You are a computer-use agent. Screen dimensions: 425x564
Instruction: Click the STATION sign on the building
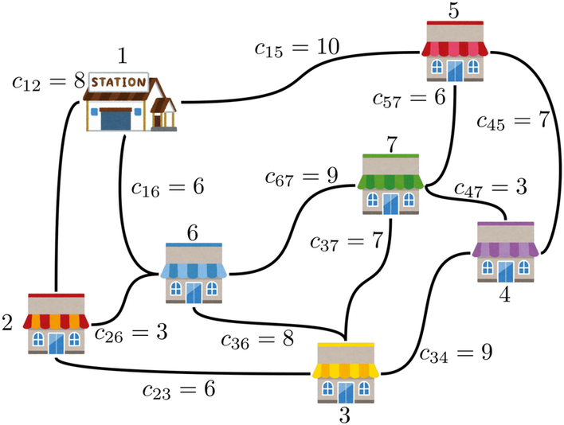click(x=120, y=81)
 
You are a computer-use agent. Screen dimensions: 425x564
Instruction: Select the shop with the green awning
click(x=392, y=184)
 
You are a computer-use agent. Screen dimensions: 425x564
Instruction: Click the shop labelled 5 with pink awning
click(x=456, y=50)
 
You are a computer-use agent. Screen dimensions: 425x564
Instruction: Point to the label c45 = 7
click(x=515, y=121)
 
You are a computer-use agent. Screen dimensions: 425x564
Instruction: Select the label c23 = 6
click(x=179, y=390)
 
